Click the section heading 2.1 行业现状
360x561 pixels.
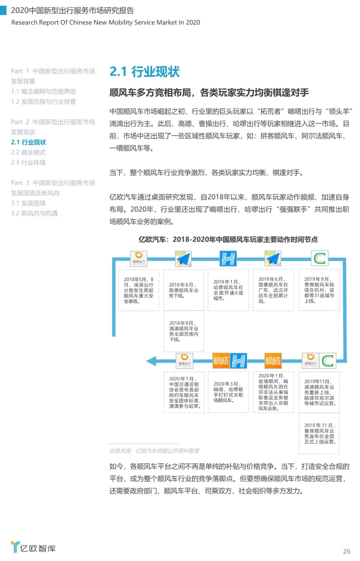coord(144,72)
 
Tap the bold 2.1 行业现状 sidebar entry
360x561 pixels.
coord(28,142)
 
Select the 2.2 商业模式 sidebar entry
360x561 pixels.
coord(28,152)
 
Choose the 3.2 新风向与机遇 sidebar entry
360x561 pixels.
coord(34,213)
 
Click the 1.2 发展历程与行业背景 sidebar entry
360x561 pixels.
coord(43,102)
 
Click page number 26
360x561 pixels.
coord(347,551)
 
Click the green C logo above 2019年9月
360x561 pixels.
coord(319,258)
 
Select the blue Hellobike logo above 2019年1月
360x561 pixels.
coord(228,258)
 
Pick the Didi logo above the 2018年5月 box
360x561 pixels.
coord(139,258)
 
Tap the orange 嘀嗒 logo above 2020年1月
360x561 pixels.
coord(273,361)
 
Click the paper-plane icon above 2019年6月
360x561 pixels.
coord(273,258)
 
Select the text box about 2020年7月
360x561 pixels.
coord(184,392)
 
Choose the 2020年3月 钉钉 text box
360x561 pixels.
coord(228,392)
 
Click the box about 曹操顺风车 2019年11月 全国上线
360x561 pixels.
coord(319,433)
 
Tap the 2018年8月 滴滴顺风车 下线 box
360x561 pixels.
coord(184,331)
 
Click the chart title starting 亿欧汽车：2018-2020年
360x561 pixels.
coord(228,239)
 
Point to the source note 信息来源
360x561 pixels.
coord(154,451)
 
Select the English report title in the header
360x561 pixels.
coord(106,22)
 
